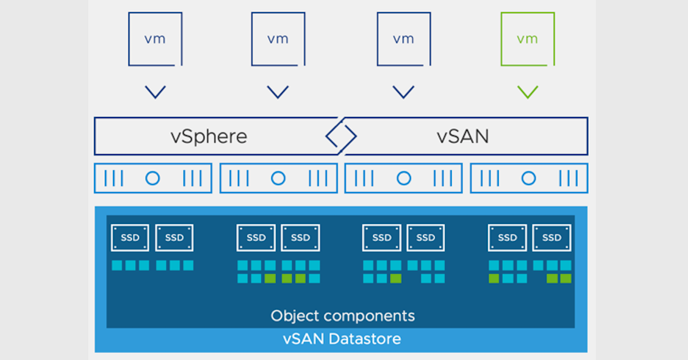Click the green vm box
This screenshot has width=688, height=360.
pyautogui.click(x=527, y=39)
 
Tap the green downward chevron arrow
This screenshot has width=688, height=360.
pyautogui.click(x=527, y=92)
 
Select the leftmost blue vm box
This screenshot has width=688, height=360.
pyautogui.click(x=155, y=39)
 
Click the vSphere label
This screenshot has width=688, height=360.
pyautogui.click(x=209, y=136)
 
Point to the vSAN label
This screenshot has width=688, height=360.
pyautogui.click(x=463, y=136)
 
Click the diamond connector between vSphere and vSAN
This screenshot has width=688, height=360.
pyautogui.click(x=341, y=136)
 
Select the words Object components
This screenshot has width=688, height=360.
pyautogui.click(x=342, y=315)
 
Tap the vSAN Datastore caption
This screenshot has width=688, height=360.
pyautogui.click(x=342, y=338)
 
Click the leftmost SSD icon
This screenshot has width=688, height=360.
pyautogui.click(x=130, y=237)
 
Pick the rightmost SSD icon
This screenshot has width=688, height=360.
pyautogui.click(x=552, y=237)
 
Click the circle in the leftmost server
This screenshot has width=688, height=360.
pyautogui.click(x=153, y=178)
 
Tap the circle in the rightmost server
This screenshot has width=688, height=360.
pyautogui.click(x=529, y=178)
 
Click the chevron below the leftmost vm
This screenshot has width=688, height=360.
pyautogui.click(x=155, y=92)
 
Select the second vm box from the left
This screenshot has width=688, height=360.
pyautogui.click(x=278, y=39)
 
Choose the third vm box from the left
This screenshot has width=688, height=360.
pyautogui.click(x=404, y=39)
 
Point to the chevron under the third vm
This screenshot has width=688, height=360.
pyautogui.click(x=404, y=92)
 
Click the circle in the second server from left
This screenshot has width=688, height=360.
pyautogui.click(x=278, y=178)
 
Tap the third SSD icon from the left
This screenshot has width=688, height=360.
pyautogui.click(x=256, y=237)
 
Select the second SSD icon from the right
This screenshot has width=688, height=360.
pyautogui.click(x=507, y=237)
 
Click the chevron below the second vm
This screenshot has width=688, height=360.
pyautogui.click(x=278, y=92)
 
